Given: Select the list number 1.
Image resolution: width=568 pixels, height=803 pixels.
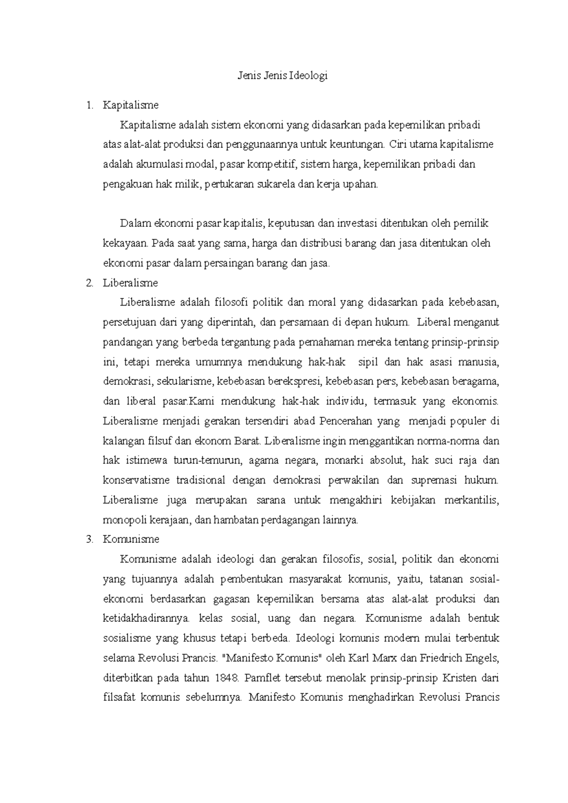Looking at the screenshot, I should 89,105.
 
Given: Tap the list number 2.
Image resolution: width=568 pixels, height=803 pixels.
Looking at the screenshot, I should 89,283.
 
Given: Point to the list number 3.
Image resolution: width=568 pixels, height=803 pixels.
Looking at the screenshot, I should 89,540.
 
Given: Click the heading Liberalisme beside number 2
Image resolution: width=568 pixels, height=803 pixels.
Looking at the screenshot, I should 130,283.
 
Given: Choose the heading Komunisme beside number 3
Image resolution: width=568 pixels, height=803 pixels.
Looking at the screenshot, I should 131,540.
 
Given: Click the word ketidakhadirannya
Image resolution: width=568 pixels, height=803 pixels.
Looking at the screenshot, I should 146,619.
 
